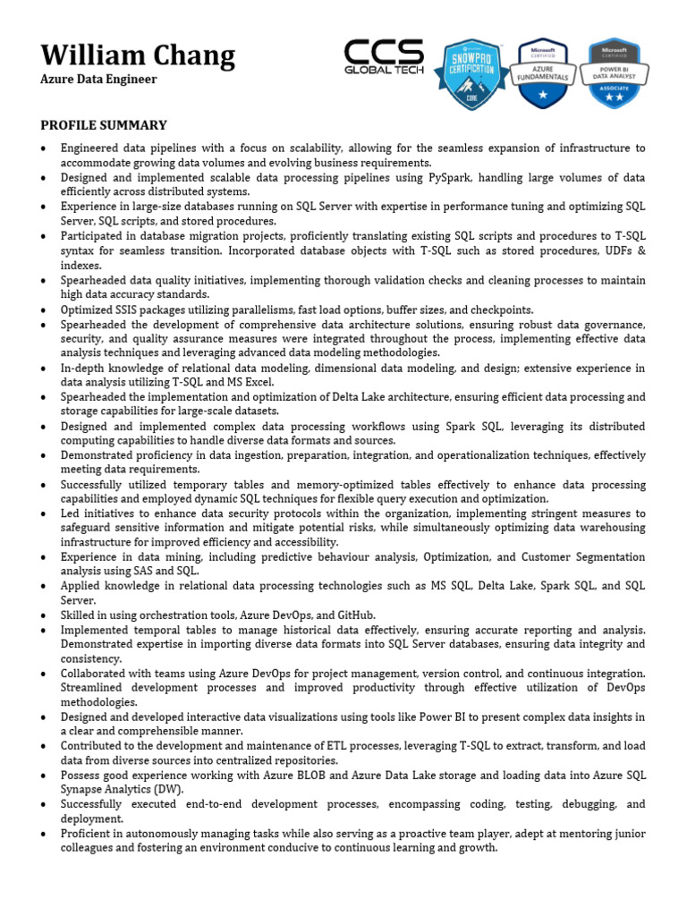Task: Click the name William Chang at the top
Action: coord(138,55)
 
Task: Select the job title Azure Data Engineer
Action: coord(98,80)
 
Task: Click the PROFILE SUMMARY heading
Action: coord(104,125)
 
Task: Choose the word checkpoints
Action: coord(497,310)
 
